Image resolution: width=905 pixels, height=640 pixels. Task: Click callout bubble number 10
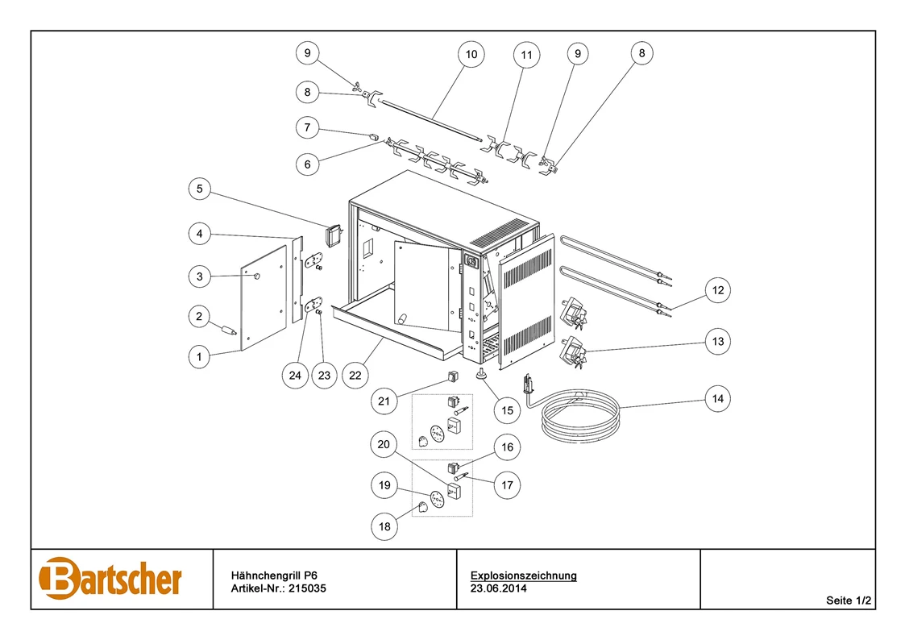pos(471,55)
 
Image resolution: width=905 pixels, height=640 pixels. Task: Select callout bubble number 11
pos(526,56)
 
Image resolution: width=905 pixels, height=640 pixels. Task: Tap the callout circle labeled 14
pos(717,398)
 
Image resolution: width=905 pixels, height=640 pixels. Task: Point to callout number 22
pos(355,376)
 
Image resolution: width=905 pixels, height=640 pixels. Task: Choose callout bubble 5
pos(200,190)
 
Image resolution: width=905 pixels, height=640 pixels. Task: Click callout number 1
pos(200,355)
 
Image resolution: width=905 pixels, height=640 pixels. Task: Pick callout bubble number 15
pos(507,409)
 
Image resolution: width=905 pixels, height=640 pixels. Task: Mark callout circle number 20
pos(384,444)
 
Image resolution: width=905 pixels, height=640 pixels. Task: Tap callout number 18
pos(384,526)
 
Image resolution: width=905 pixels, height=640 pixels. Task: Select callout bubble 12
pos(717,289)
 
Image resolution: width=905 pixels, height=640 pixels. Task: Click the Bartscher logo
pos(110,578)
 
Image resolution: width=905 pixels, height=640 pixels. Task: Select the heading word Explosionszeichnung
pos(523,576)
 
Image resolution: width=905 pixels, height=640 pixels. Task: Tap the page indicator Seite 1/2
pos(849,601)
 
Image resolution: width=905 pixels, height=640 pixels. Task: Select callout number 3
pos(200,276)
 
